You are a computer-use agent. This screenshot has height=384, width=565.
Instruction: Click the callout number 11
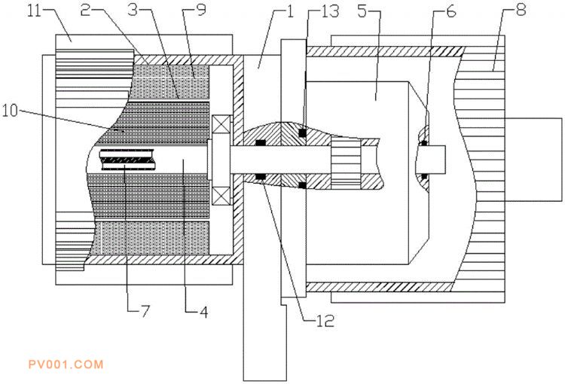pyautogui.click(x=35, y=11)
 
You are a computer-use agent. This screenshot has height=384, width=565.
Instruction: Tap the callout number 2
pyautogui.click(x=85, y=11)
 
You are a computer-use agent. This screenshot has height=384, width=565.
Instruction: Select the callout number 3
pyautogui.click(x=133, y=10)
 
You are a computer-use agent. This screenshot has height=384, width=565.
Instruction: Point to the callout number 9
pyautogui.click(x=201, y=10)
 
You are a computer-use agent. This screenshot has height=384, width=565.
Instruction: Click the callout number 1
pyautogui.click(x=290, y=11)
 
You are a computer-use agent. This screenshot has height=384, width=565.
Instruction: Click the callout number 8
pyautogui.click(x=521, y=10)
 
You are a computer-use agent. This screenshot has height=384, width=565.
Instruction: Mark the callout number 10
pyautogui.click(x=10, y=111)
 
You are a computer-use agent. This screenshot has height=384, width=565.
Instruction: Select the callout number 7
pyautogui.click(x=145, y=311)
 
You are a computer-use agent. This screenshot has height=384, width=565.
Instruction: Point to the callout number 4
pyautogui.click(x=204, y=312)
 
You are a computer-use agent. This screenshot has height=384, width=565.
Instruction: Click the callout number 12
pyautogui.click(x=325, y=321)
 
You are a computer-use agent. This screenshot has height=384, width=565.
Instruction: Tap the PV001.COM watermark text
pyautogui.click(x=66, y=364)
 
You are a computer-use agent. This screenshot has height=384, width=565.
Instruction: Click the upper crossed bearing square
pyautogui.click(x=221, y=125)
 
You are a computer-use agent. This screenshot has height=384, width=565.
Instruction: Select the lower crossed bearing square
pyautogui.click(x=221, y=196)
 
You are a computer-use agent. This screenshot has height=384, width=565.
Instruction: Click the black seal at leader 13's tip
pyautogui.click(x=302, y=133)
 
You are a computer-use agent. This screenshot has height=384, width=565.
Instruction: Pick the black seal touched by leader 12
pyautogui.click(x=260, y=176)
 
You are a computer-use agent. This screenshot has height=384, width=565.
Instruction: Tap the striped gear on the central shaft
pyautogui.click(x=346, y=164)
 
